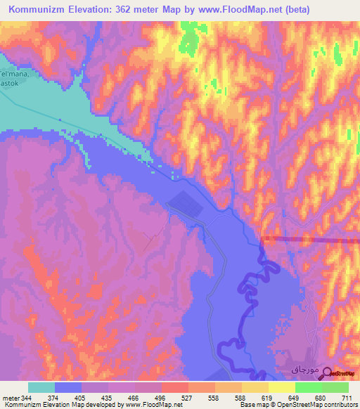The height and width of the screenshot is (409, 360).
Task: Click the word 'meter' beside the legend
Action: (x=10, y=398)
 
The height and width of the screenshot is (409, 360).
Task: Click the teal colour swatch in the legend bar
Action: (x=41, y=387)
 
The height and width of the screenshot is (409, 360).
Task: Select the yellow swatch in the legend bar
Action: (x=281, y=387)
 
